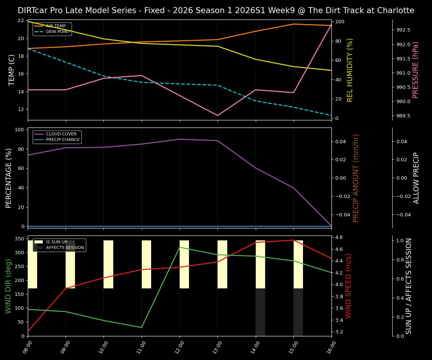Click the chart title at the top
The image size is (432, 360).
pos(216,10)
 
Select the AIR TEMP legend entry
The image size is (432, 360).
pos(55,26)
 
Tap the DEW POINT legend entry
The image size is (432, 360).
pos(58,32)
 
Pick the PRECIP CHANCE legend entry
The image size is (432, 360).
pos(63,140)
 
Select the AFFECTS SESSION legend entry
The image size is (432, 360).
pos(65,248)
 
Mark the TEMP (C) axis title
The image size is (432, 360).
pos(12,70)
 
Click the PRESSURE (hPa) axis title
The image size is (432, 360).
pos(415,70)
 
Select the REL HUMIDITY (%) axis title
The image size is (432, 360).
pos(350,70)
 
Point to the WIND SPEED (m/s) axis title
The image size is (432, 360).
pos(348,286)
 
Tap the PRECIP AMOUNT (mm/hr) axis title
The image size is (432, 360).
pos(356,178)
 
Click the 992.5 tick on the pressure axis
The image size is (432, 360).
pos(403,30)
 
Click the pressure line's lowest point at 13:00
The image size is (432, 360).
pos(217,115)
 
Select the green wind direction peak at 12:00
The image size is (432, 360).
pos(180,247)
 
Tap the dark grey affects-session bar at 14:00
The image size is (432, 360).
pos(260,312)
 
